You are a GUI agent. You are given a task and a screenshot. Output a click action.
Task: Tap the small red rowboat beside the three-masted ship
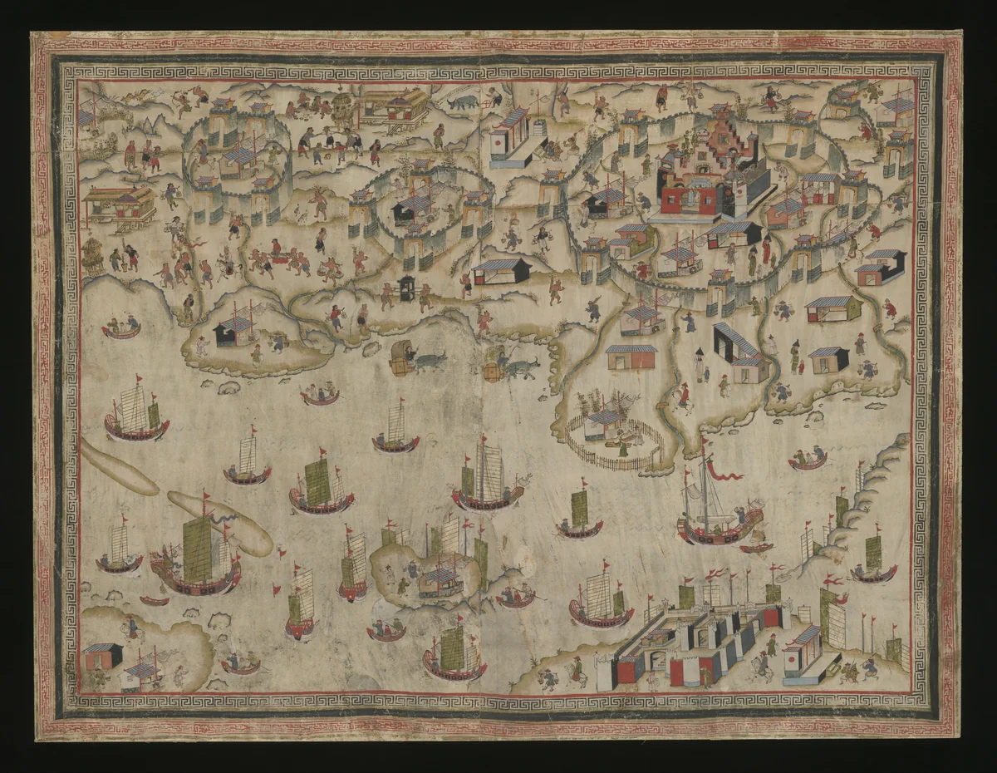tap(755, 548)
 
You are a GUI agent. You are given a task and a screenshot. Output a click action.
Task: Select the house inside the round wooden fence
tap(604, 424)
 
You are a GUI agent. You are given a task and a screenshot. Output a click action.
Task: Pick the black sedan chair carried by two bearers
tap(408, 288)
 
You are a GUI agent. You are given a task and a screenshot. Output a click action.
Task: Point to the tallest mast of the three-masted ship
tap(705, 482)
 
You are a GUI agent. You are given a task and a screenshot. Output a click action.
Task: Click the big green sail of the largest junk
tap(198, 549)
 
